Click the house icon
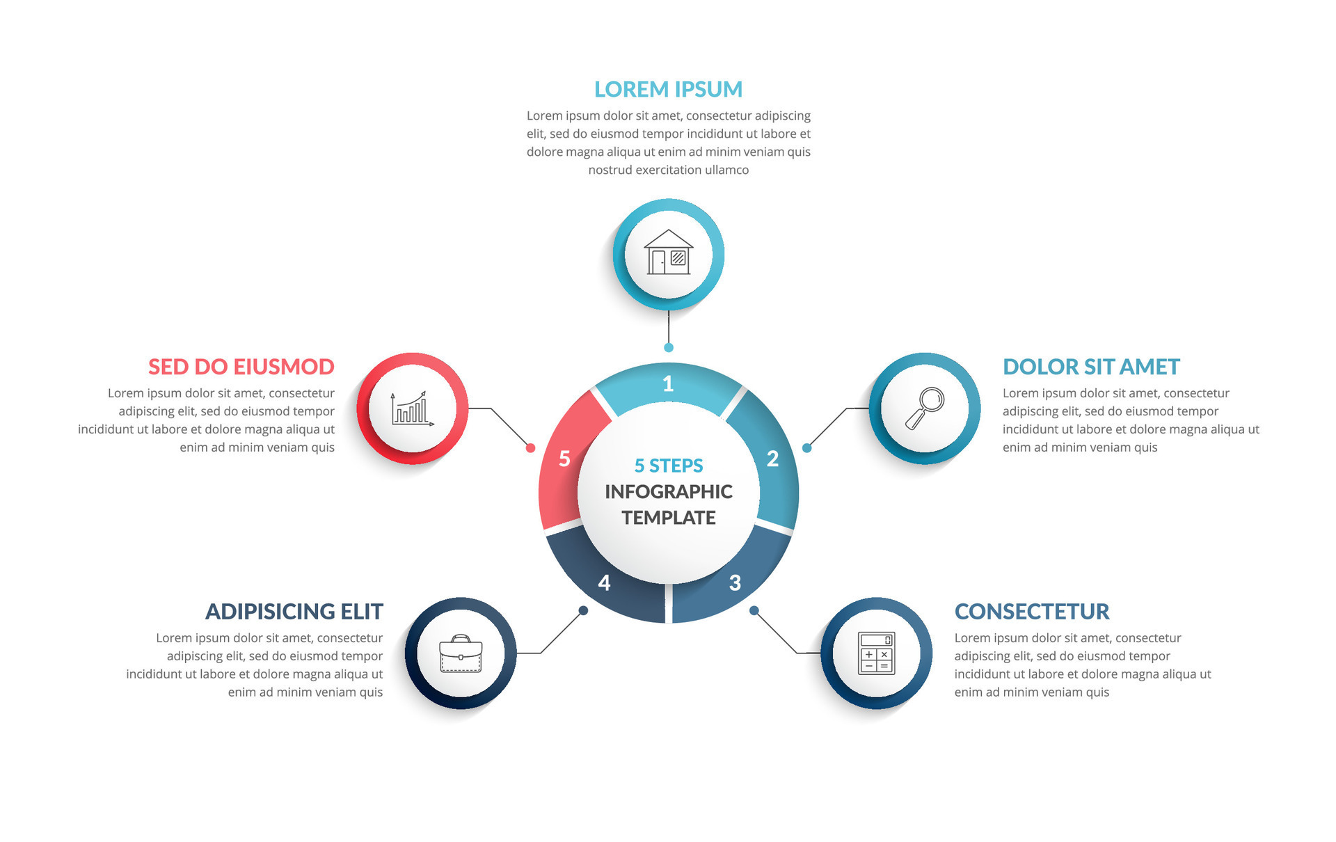668,253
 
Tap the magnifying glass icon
925,408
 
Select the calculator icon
876,653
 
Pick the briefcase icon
461,653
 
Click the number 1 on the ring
668,383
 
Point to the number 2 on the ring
772,459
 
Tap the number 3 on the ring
735,582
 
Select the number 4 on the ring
604,582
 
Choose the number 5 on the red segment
564,459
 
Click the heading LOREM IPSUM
668,89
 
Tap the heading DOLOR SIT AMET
1091,367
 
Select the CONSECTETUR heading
1032,611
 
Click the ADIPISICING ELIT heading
294,611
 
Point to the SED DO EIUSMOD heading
241,367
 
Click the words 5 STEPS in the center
669,466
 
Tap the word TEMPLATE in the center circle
669,518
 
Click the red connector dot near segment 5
530,447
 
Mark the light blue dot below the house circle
669,347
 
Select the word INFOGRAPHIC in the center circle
669,492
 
